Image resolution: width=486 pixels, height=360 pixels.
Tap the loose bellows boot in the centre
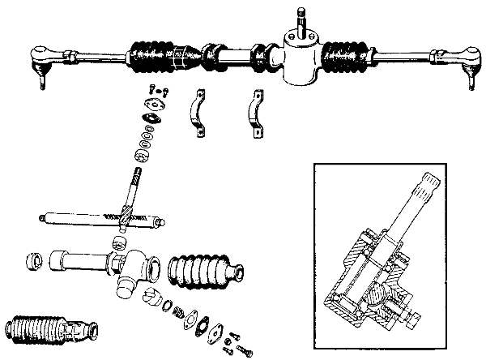203,271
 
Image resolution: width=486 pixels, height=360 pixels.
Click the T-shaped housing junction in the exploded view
129,268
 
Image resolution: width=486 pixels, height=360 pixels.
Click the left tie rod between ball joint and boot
89,56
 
